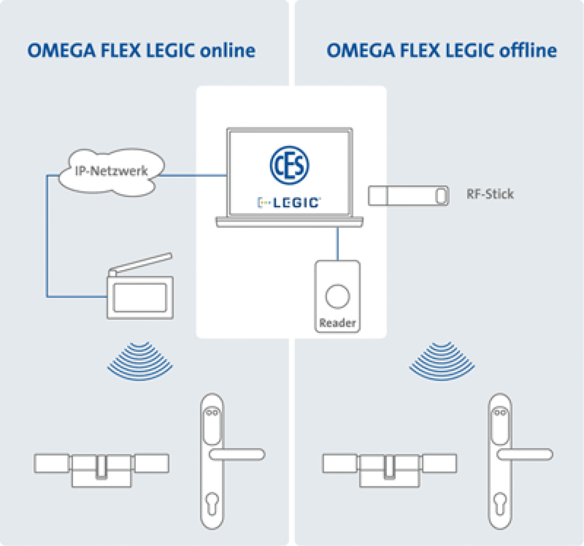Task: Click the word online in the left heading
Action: [x=228, y=51]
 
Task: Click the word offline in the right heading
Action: [x=528, y=51]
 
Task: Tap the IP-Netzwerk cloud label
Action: [x=111, y=171]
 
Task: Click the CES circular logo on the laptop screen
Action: [x=289, y=165]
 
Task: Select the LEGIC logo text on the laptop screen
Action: [x=289, y=203]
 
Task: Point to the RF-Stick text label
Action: [x=490, y=194]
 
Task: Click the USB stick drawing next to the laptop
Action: [x=408, y=196]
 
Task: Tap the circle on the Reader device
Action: [x=338, y=297]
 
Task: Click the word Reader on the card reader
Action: [x=337, y=323]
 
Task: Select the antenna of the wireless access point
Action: [x=140, y=264]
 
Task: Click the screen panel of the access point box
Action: [x=140, y=297]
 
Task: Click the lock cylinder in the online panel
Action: [x=102, y=469]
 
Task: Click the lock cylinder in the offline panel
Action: [x=390, y=469]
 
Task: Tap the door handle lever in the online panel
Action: [x=237, y=455]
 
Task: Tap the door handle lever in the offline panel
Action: [x=525, y=455]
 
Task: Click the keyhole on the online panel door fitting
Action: [x=212, y=503]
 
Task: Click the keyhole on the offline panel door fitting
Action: [x=500, y=503]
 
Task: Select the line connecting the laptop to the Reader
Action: [x=338, y=244]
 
